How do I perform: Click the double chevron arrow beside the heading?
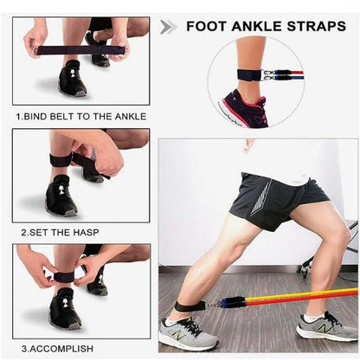169,26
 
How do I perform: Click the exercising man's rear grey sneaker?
325,326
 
